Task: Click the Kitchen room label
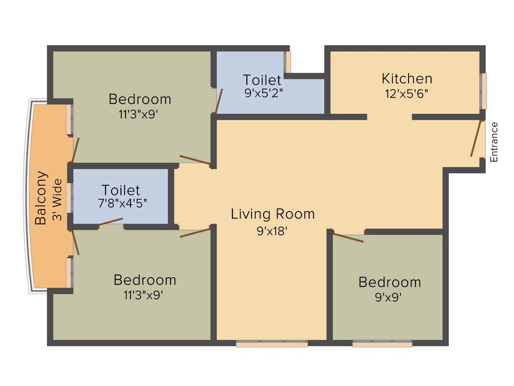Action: pyautogui.click(x=407, y=79)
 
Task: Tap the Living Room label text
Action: pyautogui.click(x=273, y=214)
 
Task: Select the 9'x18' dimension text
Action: pyautogui.click(x=273, y=232)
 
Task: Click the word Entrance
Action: pyautogui.click(x=494, y=142)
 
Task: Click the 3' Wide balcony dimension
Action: pyautogui.click(x=58, y=200)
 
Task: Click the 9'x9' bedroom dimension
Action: pyautogui.click(x=389, y=297)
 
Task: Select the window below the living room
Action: pyautogui.click(x=272, y=344)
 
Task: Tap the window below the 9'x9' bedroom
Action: pyautogui.click(x=382, y=344)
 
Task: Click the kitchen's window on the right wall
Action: pyautogui.click(x=483, y=91)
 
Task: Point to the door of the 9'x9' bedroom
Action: pyautogui.click(x=348, y=237)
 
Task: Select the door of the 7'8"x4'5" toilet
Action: pyautogui.click(x=111, y=222)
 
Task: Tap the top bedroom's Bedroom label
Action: pyautogui.click(x=140, y=99)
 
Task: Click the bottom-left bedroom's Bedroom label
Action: pyautogui.click(x=145, y=280)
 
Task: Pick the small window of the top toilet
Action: pyautogui.click(x=288, y=62)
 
